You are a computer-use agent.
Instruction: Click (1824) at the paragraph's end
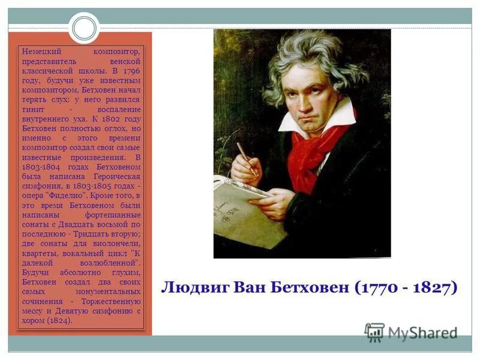(59, 320)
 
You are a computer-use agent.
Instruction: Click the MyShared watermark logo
(411, 333)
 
